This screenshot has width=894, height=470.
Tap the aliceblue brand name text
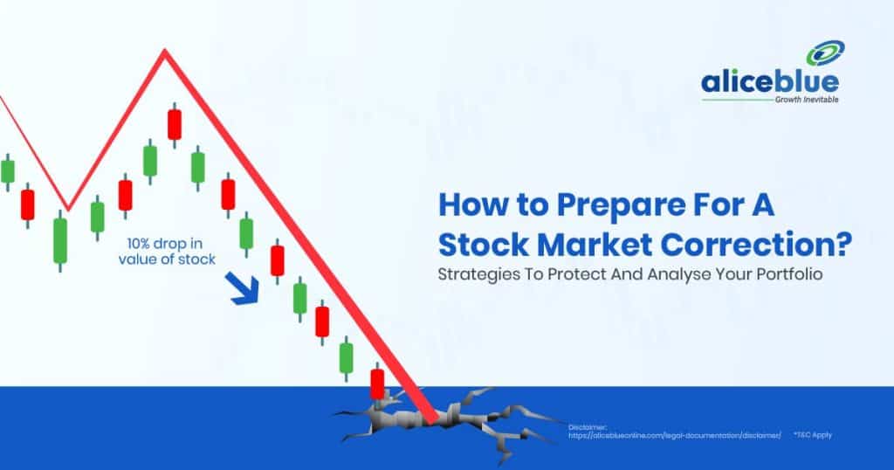pos(769,83)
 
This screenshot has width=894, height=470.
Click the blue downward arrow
pos(244,289)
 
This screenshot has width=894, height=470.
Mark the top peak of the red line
pos(163,52)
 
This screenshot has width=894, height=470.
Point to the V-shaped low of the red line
pos(68,208)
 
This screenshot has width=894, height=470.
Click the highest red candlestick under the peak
pos(175,125)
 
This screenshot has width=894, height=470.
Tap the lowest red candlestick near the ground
pos(377,383)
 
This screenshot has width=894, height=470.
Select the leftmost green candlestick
pos(7,171)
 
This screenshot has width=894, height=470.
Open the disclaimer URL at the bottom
pos(674,434)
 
